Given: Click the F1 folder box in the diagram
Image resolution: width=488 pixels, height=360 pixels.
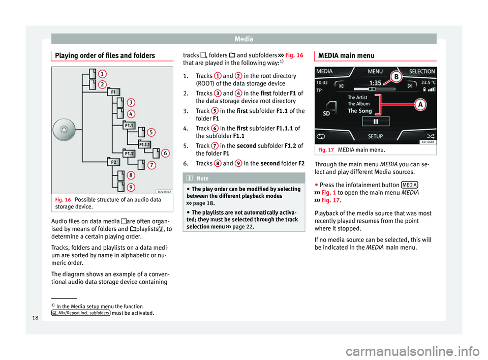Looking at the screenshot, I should tap(113, 93).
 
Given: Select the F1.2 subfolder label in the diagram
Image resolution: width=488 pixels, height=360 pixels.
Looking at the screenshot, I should tap(129, 153).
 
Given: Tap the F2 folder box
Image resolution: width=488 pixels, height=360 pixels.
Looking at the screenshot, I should tap(113, 162).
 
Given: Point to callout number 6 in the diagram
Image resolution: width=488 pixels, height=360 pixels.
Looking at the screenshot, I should tap(166, 152).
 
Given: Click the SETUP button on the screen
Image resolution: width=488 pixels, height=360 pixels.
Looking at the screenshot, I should tap(375, 137).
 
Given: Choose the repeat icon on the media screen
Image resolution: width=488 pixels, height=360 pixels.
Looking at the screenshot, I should tap(322, 137).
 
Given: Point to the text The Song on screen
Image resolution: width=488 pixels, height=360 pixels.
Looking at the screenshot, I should tap(359, 110).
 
